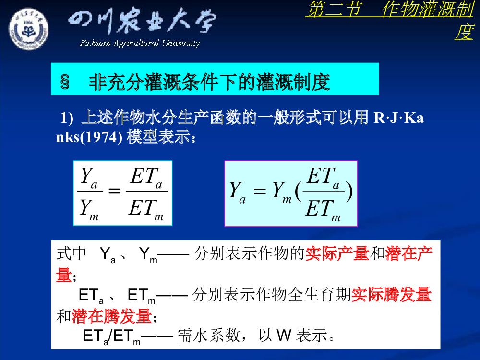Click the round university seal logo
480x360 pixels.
pyautogui.click(x=28, y=29)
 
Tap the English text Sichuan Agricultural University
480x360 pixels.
pyautogui.click(x=140, y=43)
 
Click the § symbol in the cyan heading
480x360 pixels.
pyautogui.click(x=65, y=82)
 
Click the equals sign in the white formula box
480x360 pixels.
pyautogui.click(x=115, y=192)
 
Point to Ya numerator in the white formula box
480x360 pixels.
pyautogui.click(x=89, y=178)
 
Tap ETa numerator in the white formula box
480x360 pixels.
pyautogui.click(x=146, y=178)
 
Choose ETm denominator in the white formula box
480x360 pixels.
pyautogui.click(x=146, y=210)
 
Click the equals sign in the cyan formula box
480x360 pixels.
pyautogui.click(x=260, y=192)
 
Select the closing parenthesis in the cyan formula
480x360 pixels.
pyautogui.click(x=349, y=192)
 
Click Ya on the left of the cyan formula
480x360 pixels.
pyautogui.click(x=238, y=192)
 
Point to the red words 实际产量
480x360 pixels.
pyautogui.click(x=337, y=254)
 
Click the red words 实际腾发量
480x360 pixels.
pyautogui.click(x=391, y=295)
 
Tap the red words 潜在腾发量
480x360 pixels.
pyautogui.click(x=112, y=316)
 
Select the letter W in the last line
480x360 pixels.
pyautogui.click(x=284, y=335)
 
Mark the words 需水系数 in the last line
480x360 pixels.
pyautogui.click(x=209, y=335)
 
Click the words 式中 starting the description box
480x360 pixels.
pyautogui.click(x=72, y=254)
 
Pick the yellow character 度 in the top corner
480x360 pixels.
pyautogui.click(x=464, y=32)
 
